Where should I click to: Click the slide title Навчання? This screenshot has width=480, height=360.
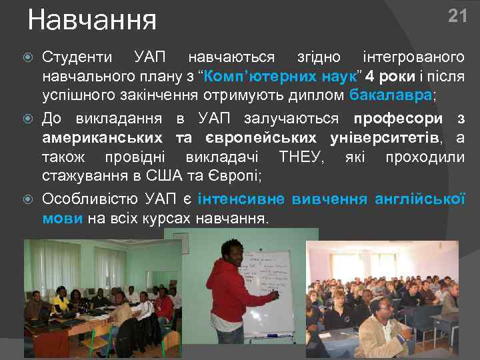pyautogui.click(x=92, y=20)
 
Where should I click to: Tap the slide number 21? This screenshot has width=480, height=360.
pyautogui.click(x=457, y=16)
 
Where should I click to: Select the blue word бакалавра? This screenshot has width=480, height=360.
pyautogui.click(x=391, y=94)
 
